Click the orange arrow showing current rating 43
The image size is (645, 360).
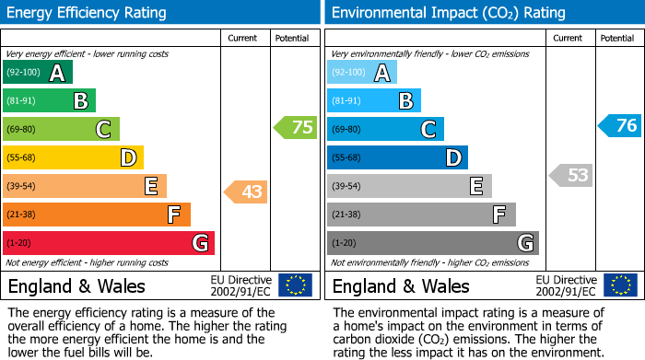246,192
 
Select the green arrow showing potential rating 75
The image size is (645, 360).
296,127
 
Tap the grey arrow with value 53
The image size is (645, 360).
570,175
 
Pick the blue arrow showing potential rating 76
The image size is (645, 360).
620,125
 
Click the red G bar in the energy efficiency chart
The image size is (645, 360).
109,243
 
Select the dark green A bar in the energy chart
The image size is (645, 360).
38,73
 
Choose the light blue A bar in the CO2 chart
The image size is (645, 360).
362,73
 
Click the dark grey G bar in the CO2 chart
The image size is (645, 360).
433,243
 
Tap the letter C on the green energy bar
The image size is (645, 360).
104,130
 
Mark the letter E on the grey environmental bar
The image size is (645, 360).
476,187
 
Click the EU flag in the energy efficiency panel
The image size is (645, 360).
295,285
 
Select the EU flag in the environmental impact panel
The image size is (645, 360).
619,285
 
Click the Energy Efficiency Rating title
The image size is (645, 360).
88,13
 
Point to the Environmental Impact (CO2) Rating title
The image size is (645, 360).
448,13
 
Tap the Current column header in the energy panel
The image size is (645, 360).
242,38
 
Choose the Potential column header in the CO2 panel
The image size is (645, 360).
616,38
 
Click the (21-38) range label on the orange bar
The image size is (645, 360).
21,215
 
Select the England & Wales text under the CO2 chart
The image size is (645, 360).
401,285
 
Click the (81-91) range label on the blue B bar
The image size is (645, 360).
347,101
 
